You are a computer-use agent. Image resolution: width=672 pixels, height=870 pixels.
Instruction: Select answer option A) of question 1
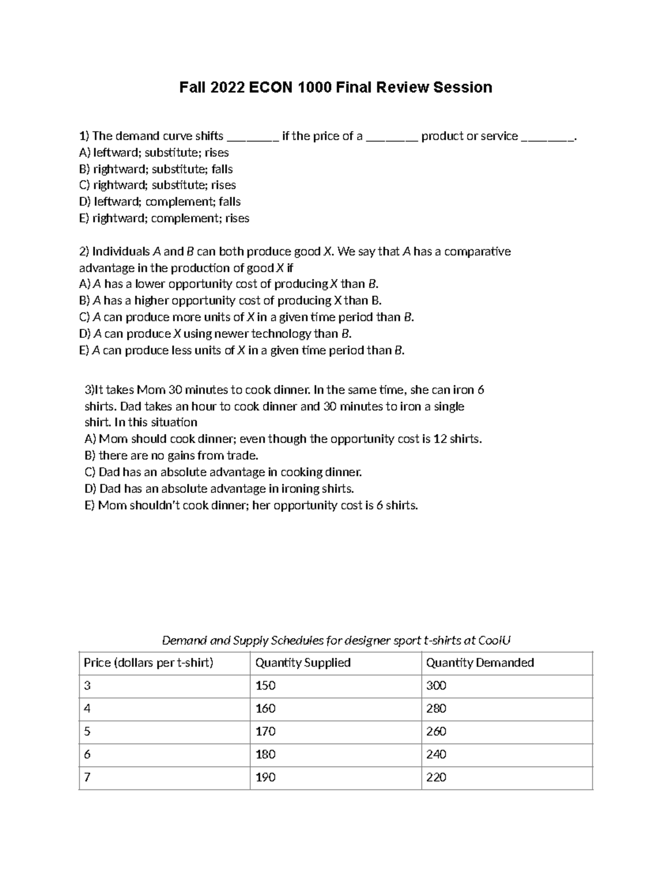click(x=154, y=152)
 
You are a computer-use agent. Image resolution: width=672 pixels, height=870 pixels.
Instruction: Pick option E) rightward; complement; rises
click(x=164, y=218)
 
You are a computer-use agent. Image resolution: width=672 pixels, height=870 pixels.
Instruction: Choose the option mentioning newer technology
click(x=216, y=334)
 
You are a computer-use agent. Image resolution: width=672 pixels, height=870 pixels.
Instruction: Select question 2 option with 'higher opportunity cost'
click(x=230, y=301)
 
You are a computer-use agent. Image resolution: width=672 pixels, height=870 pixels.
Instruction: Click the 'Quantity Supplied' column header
click(x=303, y=663)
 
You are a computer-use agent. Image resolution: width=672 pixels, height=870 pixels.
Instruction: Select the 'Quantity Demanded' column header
click(x=480, y=663)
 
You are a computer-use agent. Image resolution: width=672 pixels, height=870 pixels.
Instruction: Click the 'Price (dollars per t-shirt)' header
click(x=148, y=663)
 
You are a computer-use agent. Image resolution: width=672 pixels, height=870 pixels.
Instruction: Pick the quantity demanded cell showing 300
click(x=436, y=686)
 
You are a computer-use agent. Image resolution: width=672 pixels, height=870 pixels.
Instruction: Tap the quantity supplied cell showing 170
click(x=265, y=732)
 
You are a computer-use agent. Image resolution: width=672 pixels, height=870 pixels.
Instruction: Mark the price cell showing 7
click(x=87, y=778)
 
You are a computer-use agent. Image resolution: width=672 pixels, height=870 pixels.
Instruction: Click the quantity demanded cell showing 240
click(x=436, y=755)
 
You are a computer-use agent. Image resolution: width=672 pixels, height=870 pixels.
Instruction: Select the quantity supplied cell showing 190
click(x=265, y=778)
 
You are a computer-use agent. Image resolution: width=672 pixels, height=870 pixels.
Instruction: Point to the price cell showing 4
click(x=87, y=709)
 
